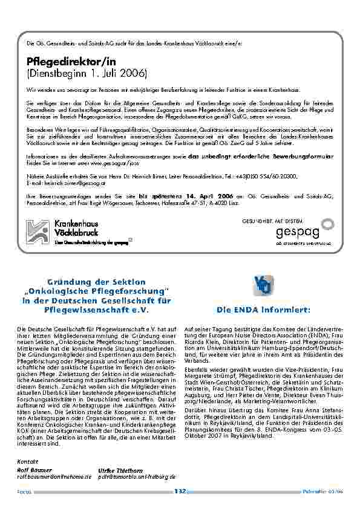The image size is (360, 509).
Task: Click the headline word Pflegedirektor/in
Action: (71, 62)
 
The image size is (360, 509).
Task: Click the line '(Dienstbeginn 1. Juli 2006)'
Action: (87, 74)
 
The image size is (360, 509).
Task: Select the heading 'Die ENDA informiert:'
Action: (264, 310)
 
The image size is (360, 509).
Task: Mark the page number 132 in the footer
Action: (180, 491)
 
